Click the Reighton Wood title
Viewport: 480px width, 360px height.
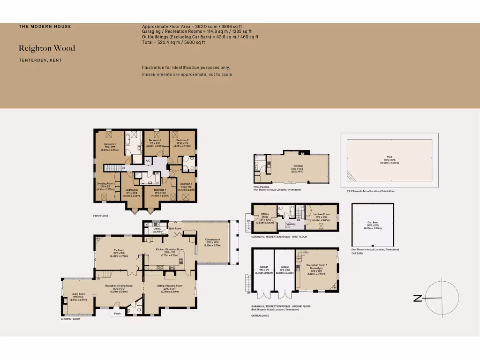tap(47, 48)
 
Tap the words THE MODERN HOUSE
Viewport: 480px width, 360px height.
tap(45, 27)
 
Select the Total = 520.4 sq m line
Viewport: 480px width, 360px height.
tap(173, 42)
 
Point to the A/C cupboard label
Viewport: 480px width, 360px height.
tap(148, 161)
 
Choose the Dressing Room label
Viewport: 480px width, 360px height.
tap(105, 184)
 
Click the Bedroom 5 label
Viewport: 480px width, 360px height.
tap(186, 184)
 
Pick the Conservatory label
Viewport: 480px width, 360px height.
tap(212, 240)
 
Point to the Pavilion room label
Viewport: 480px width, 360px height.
tap(298, 166)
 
